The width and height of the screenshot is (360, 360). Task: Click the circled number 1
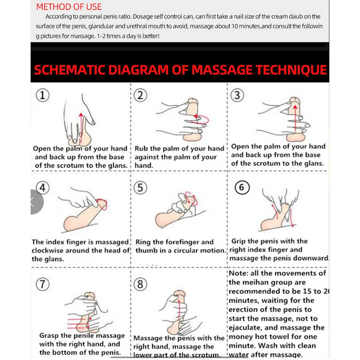[x=43, y=95]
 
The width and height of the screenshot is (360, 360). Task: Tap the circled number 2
[x=141, y=95]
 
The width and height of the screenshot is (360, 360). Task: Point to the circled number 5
[x=140, y=188]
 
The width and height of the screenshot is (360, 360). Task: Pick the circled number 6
[x=242, y=187]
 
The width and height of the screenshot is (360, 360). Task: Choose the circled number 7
[x=43, y=284]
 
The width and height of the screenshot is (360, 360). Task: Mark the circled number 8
[x=140, y=284]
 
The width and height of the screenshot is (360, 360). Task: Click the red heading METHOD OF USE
[x=69, y=7]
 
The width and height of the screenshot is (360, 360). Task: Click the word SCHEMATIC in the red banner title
[x=70, y=70]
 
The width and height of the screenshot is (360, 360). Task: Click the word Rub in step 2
[x=141, y=149]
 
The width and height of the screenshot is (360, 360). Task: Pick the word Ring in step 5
[x=143, y=242]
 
